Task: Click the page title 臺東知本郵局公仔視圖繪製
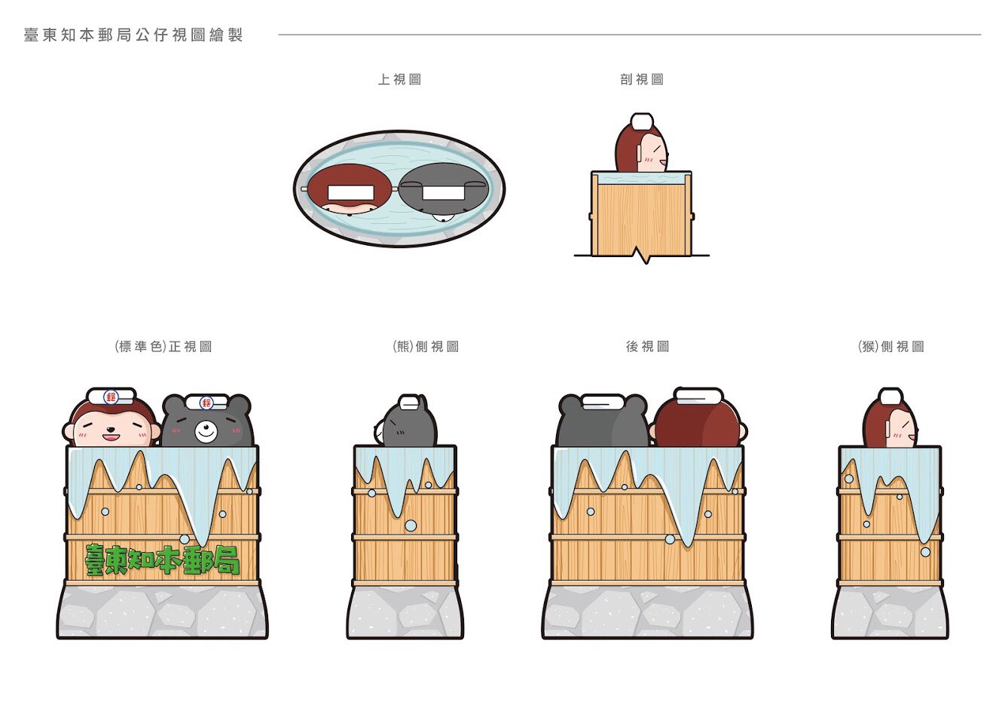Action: pos(133,35)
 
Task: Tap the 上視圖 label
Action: pos(399,79)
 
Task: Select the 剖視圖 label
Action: pos(642,79)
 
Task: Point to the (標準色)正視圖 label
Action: pos(163,346)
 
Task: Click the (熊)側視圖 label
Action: pos(426,346)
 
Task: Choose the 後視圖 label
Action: pos(647,346)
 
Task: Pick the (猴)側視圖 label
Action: pos(890,346)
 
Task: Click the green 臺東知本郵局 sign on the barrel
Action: pos(163,560)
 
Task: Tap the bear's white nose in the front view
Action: pos(206,432)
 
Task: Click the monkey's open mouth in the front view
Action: pos(110,436)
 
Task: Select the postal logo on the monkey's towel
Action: pos(111,397)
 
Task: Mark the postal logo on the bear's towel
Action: pos(206,403)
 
